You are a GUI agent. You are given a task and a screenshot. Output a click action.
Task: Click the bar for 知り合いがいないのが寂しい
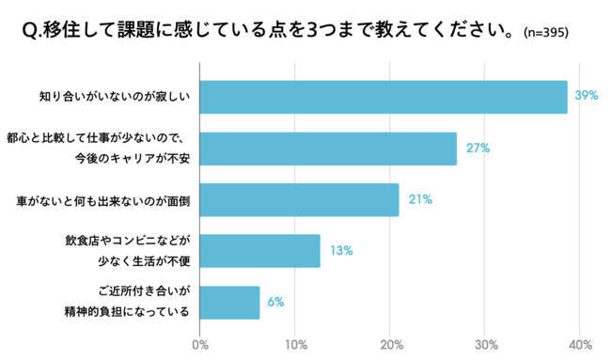[384, 97]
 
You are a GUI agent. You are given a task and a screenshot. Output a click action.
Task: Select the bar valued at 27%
[328, 149]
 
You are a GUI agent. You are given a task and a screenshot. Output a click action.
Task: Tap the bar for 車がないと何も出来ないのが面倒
[299, 199]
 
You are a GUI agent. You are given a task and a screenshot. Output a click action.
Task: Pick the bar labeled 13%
[259, 251]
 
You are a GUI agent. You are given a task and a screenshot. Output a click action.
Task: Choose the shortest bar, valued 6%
[229, 302]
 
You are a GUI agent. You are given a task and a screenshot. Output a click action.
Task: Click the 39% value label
[587, 97]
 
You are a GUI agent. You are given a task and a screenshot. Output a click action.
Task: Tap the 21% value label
[419, 199]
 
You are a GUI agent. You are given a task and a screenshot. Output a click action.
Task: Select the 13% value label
[340, 251]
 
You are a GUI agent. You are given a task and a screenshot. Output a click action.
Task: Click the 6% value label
[274, 302]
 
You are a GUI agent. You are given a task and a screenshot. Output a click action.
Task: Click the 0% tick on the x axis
[199, 343]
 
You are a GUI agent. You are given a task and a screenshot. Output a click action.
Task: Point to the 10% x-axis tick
[295, 343]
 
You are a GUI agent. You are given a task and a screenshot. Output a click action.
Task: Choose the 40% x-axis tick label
[580, 343]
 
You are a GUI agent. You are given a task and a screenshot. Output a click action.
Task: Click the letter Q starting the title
[26, 31]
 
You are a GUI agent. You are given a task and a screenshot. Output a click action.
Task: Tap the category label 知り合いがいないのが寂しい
[114, 97]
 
